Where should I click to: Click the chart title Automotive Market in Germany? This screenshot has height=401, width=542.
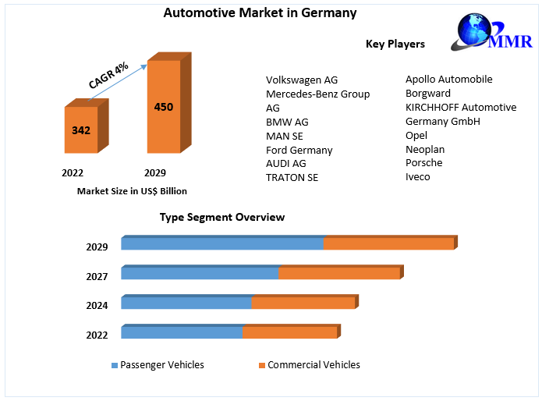[250, 12]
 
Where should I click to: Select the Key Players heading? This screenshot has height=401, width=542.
[395, 44]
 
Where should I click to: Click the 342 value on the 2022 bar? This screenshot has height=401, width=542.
[81, 130]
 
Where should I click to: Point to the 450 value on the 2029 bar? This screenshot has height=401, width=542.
[164, 107]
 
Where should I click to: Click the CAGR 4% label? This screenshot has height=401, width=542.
[108, 75]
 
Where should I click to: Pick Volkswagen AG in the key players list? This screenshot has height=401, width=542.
[302, 80]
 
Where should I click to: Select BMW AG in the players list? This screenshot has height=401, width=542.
[287, 122]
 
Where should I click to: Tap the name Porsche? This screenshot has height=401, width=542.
[423, 162]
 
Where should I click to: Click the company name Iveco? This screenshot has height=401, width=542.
[417, 176]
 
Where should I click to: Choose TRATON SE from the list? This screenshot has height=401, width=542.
[292, 177]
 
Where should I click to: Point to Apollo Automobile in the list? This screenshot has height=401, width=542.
[448, 79]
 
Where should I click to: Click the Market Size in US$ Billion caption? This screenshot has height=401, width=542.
[132, 190]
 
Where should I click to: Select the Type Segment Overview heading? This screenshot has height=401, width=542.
[222, 217]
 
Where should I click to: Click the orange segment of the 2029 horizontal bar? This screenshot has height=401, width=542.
[388, 244]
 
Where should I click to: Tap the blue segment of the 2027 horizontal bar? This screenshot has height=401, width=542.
[200, 273]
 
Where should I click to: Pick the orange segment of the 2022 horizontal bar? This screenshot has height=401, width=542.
[289, 332]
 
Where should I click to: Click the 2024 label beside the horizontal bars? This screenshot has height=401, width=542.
[97, 306]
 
